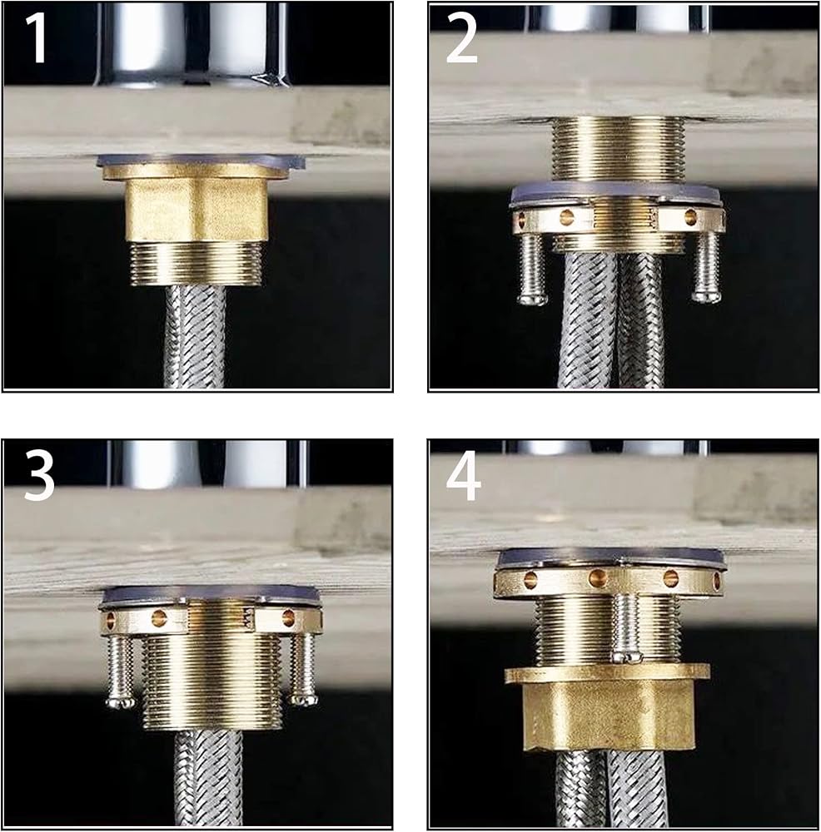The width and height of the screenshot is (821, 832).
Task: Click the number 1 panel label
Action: tap(37, 37)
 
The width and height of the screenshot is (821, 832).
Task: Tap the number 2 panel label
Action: tap(461, 37)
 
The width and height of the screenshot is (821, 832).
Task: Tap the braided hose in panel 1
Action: tap(196, 337)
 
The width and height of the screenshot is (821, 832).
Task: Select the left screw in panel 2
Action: tap(532, 269)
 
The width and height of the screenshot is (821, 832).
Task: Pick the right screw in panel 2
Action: tap(706, 267)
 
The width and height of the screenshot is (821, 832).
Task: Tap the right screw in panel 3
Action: tap(303, 669)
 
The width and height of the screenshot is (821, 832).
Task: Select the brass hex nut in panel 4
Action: tap(608, 706)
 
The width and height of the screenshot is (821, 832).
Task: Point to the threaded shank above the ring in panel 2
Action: tap(619, 149)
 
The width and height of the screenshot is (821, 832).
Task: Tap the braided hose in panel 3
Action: tap(208, 777)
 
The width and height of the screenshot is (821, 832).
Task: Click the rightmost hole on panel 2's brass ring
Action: tap(690, 216)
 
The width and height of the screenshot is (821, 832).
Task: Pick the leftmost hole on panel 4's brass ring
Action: tap(530, 578)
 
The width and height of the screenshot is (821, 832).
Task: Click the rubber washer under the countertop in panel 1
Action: tap(202, 161)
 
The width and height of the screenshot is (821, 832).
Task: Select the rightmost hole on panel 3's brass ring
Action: tap(288, 617)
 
